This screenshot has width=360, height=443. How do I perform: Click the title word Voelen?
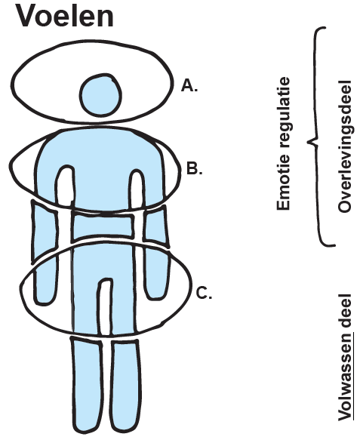[x=66, y=16]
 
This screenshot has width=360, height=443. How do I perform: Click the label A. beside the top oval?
[x=189, y=85]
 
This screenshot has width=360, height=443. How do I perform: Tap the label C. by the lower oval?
[x=204, y=293]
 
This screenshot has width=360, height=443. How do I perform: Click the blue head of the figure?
[x=100, y=95]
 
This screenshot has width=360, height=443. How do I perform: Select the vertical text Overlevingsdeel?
[x=345, y=146]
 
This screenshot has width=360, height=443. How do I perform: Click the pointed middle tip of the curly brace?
[x=309, y=141]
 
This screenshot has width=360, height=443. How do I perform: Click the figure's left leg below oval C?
[x=87, y=386]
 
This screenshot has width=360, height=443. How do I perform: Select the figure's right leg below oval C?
[x=125, y=386]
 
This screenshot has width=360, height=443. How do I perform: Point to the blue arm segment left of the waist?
[x=45, y=230]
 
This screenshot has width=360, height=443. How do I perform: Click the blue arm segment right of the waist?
[x=155, y=226]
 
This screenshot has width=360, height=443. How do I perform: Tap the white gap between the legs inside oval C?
[x=105, y=306]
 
